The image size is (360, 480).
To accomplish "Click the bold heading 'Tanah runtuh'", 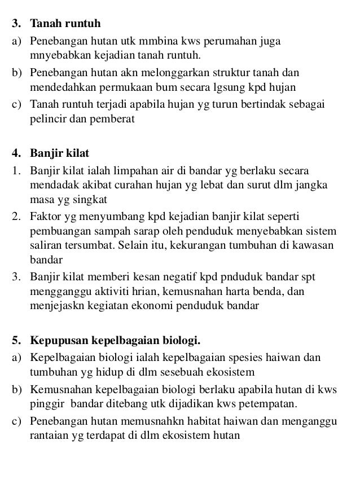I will (65, 25).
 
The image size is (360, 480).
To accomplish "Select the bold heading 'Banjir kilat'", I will (59, 153).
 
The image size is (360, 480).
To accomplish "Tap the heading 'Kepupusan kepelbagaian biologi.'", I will (116, 341).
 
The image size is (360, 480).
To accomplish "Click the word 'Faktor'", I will (45, 216).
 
